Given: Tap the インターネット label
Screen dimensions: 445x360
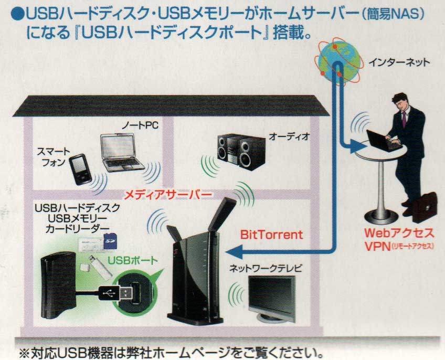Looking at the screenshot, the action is pos(399,62).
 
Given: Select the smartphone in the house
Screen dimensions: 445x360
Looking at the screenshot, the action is pos(80,169).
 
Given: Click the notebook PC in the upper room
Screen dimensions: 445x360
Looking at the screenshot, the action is pos(122,153).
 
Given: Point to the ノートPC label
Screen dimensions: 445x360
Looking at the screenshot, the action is pos(140,125).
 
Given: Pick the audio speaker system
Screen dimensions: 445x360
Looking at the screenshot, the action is pos(241,151).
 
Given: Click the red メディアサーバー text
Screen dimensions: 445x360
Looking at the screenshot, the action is pos(168,195).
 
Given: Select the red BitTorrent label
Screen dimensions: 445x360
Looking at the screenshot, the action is pos(271,235).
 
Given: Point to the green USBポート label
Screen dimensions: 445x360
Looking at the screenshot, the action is pos(133,260).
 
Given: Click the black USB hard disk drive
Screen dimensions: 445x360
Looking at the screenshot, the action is pos(58,286).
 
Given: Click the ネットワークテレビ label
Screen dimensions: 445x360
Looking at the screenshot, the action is pos(266,268).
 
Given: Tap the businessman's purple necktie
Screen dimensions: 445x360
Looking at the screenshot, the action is pos(404,119).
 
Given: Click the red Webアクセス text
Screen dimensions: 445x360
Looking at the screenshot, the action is pos(399,234).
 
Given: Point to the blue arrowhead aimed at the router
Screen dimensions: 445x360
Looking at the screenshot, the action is pos(235,251).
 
